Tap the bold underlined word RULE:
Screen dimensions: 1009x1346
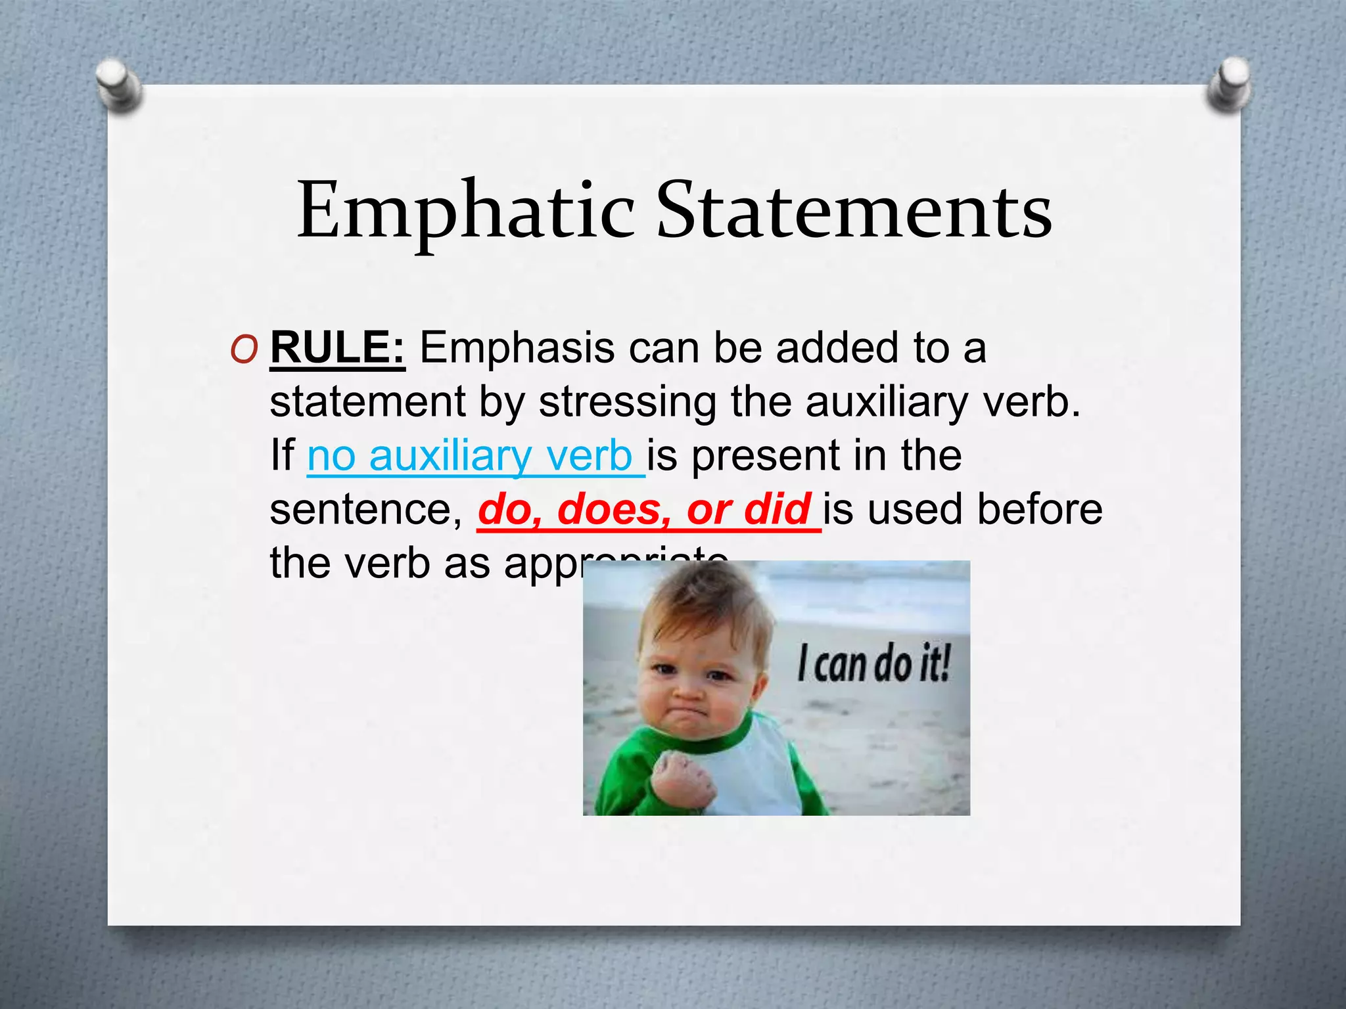[x=337, y=348]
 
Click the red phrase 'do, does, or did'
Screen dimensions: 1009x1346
[x=644, y=509]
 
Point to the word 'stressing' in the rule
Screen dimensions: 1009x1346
[x=627, y=401]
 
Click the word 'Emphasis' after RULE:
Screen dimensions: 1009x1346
[x=517, y=348]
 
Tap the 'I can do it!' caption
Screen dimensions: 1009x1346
[x=873, y=663]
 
